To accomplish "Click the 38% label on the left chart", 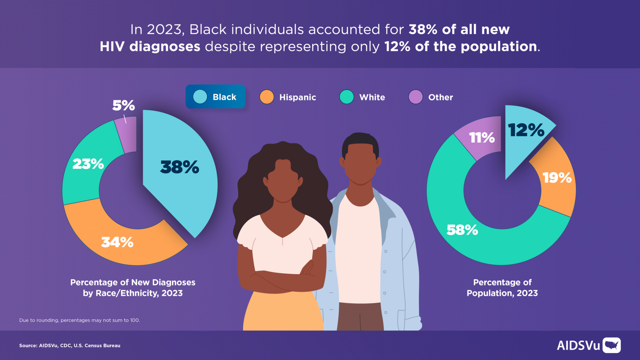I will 179,167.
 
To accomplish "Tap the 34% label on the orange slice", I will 117,242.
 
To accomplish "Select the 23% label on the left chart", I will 88,164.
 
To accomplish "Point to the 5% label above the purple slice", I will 123,105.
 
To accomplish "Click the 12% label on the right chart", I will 526,130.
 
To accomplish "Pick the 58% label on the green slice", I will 462,230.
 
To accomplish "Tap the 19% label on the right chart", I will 557,178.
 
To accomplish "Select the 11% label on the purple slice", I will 482,137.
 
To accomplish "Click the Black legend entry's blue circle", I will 200,97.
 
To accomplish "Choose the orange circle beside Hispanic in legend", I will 267,97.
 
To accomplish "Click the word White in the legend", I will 372,97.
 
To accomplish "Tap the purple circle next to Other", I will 416,97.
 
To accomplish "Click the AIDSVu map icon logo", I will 611,345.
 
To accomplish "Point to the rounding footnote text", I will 79,320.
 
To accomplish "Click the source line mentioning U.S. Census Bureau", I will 70,346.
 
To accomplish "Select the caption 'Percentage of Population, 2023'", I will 502,288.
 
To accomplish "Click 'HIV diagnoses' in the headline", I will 150,47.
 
